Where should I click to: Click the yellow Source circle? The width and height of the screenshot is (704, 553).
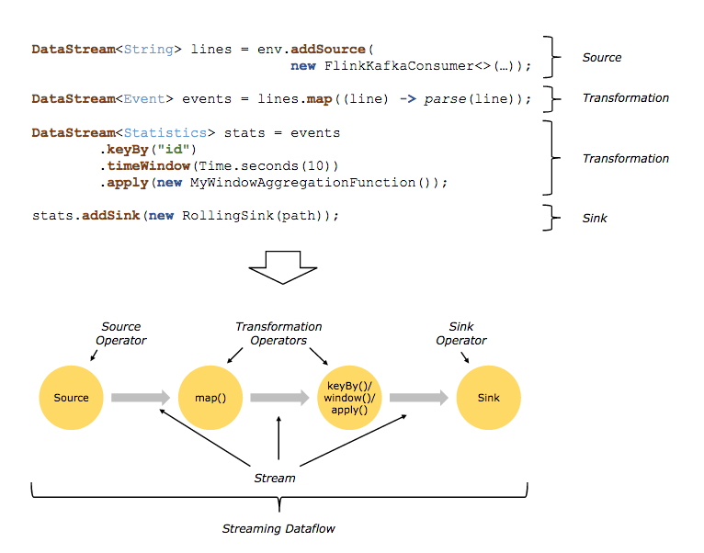pos(71,398)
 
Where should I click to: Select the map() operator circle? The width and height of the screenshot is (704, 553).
pos(210,398)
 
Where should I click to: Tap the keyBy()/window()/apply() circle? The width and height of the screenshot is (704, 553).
pos(349,398)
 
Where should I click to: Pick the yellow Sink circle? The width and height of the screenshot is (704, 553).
pos(488,398)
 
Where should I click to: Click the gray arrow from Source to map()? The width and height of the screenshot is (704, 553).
pos(141,398)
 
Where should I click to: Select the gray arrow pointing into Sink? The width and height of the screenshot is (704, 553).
pos(419,398)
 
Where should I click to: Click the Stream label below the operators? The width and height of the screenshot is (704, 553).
pos(275,478)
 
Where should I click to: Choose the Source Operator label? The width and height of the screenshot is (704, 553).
pos(121,333)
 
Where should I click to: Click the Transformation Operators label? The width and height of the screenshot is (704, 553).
pos(278,333)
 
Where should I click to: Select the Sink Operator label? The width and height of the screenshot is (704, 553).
pos(461,333)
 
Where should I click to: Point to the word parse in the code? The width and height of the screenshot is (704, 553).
pos(445,99)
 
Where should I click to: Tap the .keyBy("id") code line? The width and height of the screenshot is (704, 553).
pos(149,150)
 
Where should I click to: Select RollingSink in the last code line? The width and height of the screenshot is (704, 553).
pos(224,216)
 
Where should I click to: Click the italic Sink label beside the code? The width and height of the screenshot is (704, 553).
pos(595,218)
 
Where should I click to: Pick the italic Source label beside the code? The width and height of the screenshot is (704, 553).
pos(602,57)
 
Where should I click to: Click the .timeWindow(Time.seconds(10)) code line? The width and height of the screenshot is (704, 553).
pos(220,166)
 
